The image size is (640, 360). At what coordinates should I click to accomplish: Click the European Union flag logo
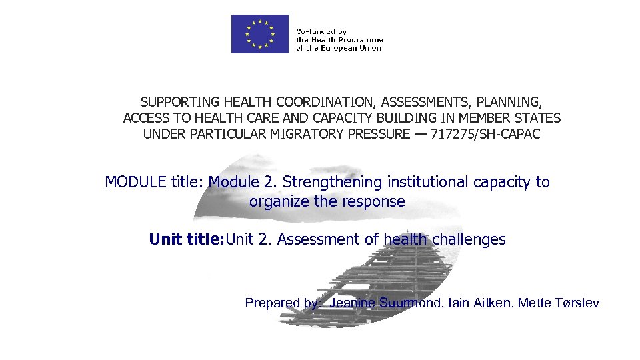(259, 33)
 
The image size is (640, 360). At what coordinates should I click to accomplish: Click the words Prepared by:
(283, 303)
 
